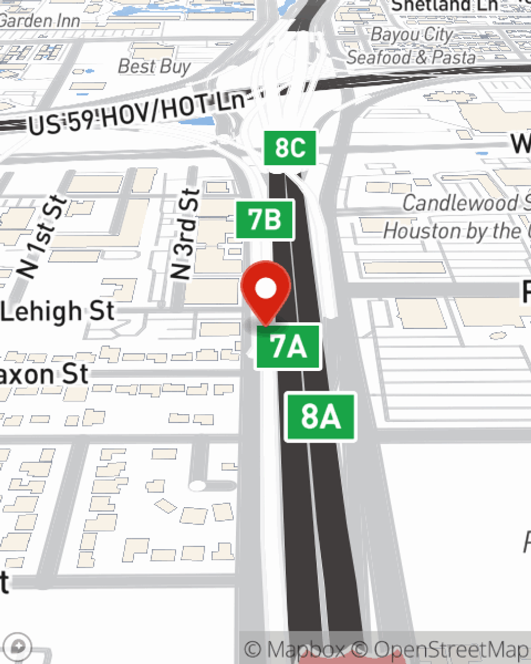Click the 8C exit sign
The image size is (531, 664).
tap(290, 148)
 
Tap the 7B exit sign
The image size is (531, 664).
tap(264, 219)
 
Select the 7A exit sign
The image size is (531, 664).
tap(288, 346)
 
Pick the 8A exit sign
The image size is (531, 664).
tap(320, 416)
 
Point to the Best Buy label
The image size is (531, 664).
tap(154, 66)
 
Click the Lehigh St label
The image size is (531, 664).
tap(57, 311)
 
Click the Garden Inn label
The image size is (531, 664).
tap(40, 21)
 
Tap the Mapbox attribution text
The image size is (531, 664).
tap(295, 650)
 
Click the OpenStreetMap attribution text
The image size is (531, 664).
tap(446, 650)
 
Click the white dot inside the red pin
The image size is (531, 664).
tap(265, 288)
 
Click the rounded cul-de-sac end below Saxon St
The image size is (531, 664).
tap(198, 486)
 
